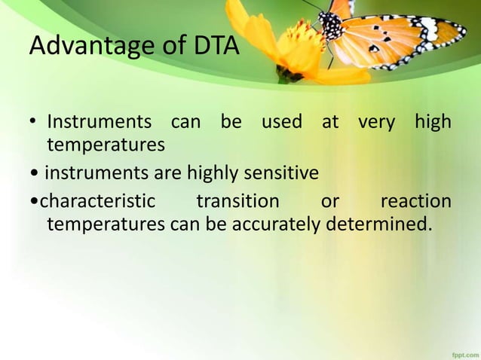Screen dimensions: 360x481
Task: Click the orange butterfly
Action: (x=392, y=34)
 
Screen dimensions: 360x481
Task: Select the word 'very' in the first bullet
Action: (x=376, y=121)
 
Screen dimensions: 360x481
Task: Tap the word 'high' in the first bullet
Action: (x=433, y=123)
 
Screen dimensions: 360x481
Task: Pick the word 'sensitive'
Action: (x=281, y=174)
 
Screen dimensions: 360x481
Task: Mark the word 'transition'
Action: (x=237, y=202)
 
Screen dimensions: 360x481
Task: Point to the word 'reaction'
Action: (x=416, y=202)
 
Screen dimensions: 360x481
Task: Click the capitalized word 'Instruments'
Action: (x=98, y=121)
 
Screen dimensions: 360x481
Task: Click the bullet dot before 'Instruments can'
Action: (x=34, y=123)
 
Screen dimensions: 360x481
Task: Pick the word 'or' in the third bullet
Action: (x=330, y=202)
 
